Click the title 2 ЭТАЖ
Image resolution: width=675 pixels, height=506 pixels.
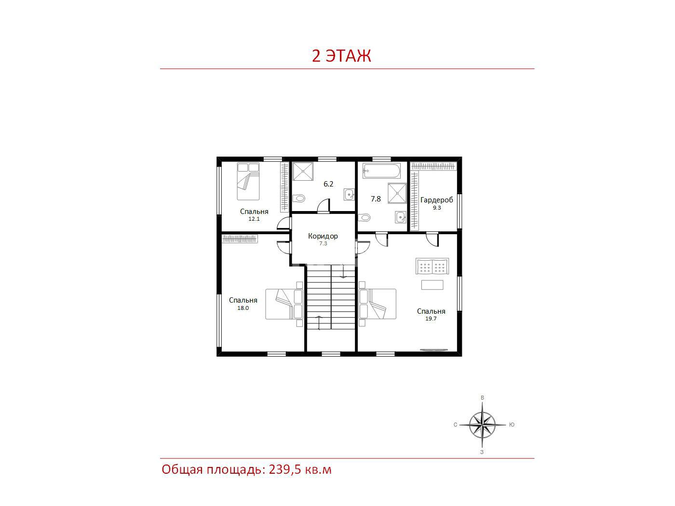pyautogui.click(x=341, y=56)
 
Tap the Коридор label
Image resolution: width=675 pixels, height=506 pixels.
pyautogui.click(x=323, y=236)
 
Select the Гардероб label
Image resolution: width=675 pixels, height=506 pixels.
pyautogui.click(x=436, y=200)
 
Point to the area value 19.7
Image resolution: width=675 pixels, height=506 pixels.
pyautogui.click(x=431, y=319)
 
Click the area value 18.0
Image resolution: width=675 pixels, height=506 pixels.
pyautogui.click(x=243, y=308)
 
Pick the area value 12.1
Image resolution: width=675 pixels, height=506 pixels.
pyautogui.click(x=254, y=219)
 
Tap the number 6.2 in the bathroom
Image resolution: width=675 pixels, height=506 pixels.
pyautogui.click(x=328, y=184)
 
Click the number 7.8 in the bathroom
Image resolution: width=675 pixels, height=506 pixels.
pyautogui.click(x=376, y=199)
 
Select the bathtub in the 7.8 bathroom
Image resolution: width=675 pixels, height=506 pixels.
pyautogui.click(x=381, y=171)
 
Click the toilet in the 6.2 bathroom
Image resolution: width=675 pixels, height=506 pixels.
pyautogui.click(x=298, y=198)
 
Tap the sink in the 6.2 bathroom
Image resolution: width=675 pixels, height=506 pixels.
pyautogui.click(x=349, y=194)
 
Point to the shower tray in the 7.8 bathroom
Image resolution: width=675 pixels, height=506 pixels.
pyautogui.click(x=397, y=193)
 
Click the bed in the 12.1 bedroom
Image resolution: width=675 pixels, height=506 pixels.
pyautogui.click(x=248, y=181)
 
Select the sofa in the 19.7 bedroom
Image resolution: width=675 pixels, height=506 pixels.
pyautogui.click(x=432, y=266)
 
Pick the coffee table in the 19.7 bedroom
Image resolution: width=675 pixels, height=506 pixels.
pyautogui.click(x=432, y=285)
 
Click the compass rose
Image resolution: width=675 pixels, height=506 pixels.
pyautogui.click(x=482, y=425)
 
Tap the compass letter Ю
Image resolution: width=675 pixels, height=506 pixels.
pyautogui.click(x=512, y=425)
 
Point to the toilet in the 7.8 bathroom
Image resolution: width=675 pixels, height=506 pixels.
pyautogui.click(x=364, y=217)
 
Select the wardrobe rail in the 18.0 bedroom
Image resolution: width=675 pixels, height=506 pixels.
pyautogui.click(x=240, y=239)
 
